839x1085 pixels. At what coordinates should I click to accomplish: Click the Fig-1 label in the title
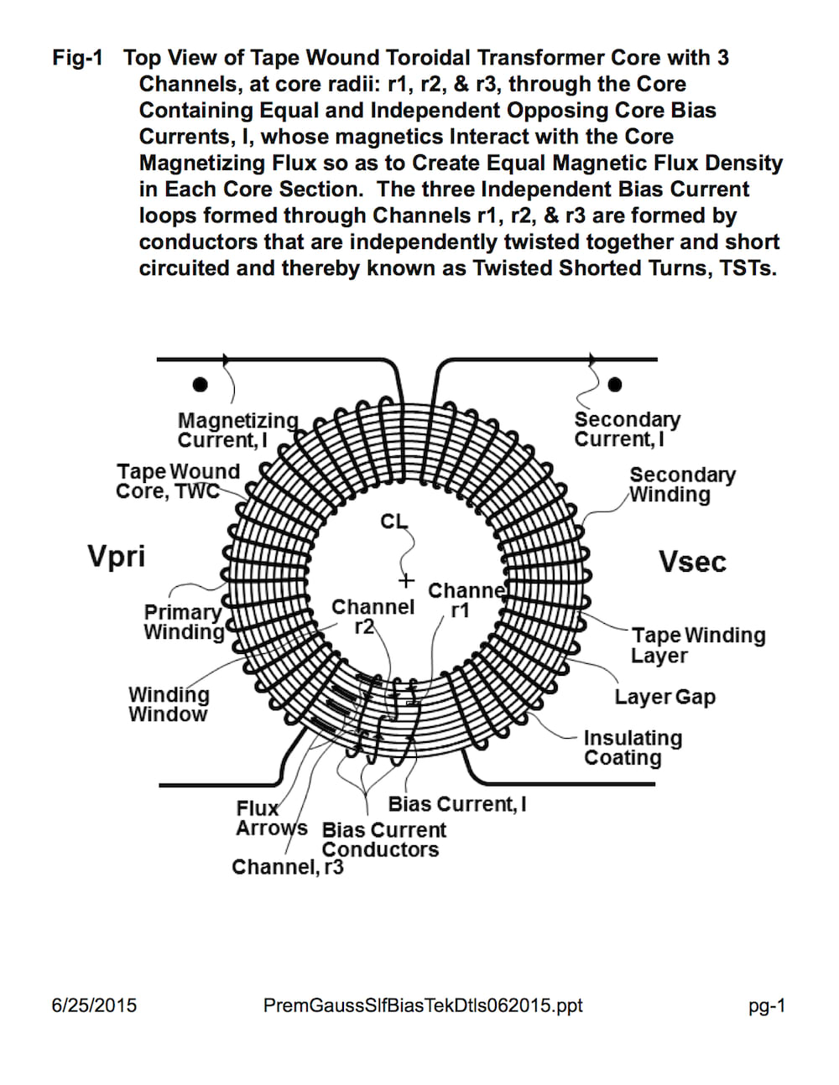(x=77, y=58)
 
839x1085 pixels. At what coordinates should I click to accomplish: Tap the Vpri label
(x=116, y=556)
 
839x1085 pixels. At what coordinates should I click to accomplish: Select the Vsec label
(x=692, y=561)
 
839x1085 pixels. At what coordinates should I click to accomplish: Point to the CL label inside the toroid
(x=393, y=522)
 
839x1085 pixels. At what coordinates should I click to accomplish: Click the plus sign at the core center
(x=407, y=581)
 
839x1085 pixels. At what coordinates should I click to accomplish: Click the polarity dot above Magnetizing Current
(x=200, y=384)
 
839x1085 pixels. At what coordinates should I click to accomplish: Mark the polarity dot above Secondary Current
(x=615, y=384)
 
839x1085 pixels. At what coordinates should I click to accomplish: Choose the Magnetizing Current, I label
(x=237, y=430)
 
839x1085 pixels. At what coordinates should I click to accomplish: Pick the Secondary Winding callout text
(x=681, y=485)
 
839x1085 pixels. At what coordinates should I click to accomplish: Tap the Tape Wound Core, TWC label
(x=178, y=481)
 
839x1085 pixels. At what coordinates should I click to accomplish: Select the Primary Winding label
(x=183, y=622)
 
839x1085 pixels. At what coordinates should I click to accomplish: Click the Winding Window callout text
(x=169, y=704)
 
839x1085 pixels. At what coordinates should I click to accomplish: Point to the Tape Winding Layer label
(x=697, y=645)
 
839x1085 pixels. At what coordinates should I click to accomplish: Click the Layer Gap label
(x=664, y=697)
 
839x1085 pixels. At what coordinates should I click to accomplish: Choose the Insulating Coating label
(x=632, y=748)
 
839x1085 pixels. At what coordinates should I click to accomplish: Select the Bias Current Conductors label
(x=383, y=839)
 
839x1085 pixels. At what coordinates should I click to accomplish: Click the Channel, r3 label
(x=287, y=867)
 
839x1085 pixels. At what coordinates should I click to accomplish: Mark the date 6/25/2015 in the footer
(x=94, y=1005)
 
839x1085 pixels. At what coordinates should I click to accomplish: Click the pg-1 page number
(x=767, y=1006)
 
